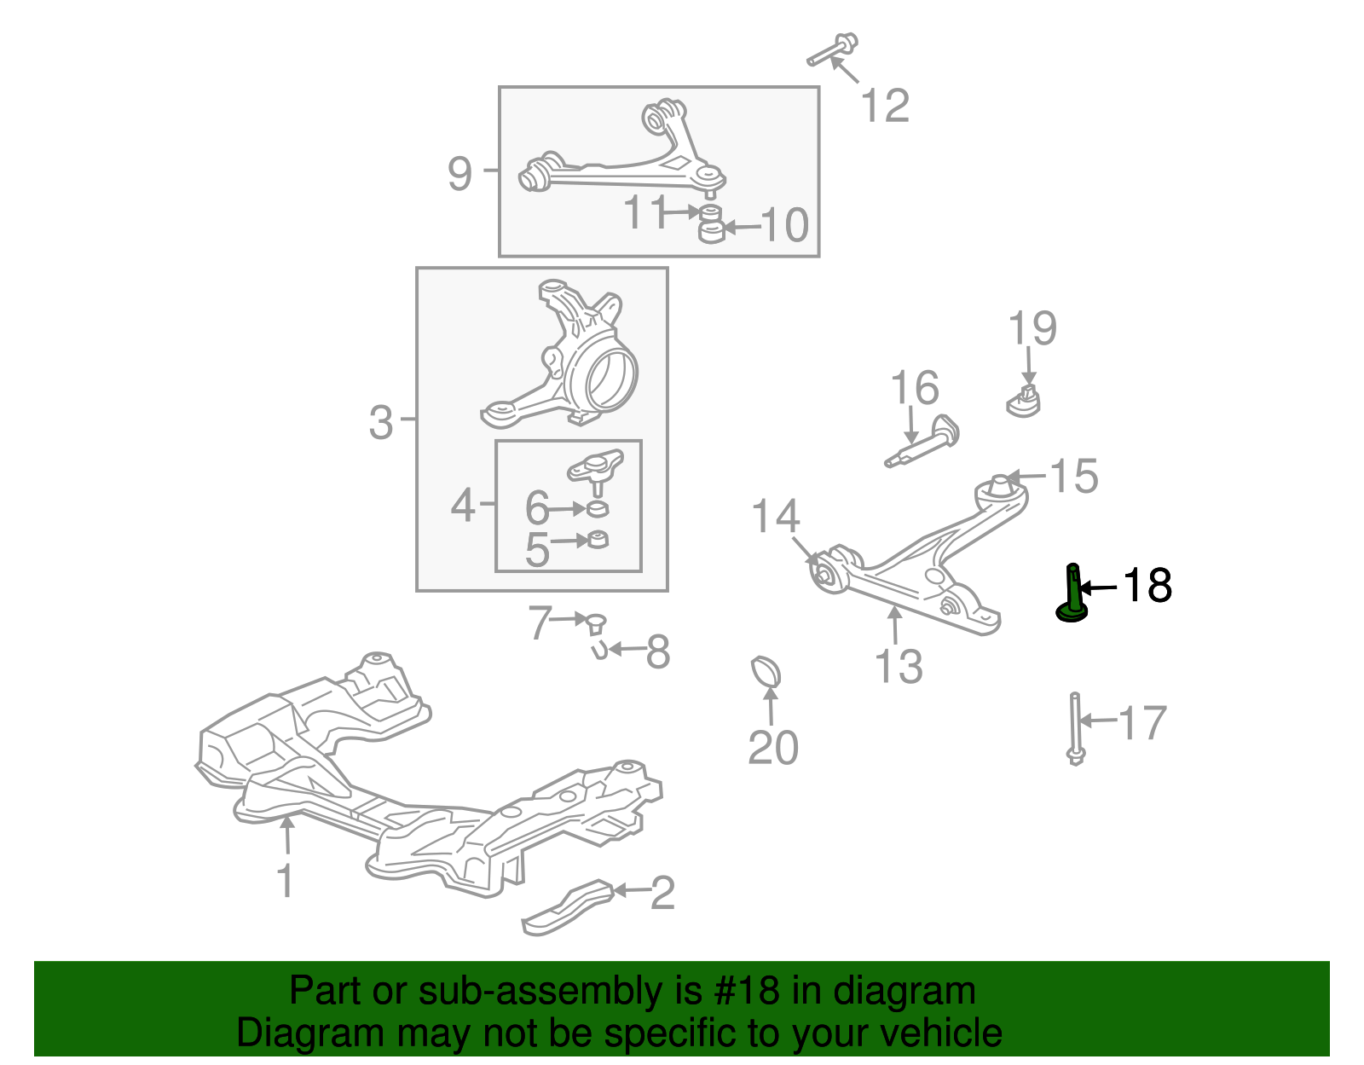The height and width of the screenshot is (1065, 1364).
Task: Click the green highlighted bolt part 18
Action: tap(1072, 597)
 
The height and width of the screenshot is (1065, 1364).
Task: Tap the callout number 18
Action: tap(1147, 587)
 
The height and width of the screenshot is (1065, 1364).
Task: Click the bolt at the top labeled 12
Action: tap(833, 49)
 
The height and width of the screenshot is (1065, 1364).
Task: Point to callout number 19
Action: tap(1032, 328)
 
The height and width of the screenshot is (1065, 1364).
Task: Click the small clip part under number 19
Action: tap(1026, 401)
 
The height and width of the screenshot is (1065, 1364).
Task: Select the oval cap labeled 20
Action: tap(766, 671)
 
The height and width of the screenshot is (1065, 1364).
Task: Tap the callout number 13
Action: tap(899, 667)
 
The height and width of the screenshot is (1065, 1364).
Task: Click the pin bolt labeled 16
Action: tap(923, 440)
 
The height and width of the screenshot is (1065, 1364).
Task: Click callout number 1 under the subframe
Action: tap(286, 881)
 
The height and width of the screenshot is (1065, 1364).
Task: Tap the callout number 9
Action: tap(459, 174)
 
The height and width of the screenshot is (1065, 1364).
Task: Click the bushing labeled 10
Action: tap(710, 230)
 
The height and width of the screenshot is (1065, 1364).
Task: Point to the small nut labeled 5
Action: tap(598, 540)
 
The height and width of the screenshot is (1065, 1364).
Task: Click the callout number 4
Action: tap(462, 506)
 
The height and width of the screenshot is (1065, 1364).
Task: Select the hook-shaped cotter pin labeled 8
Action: tap(598, 651)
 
